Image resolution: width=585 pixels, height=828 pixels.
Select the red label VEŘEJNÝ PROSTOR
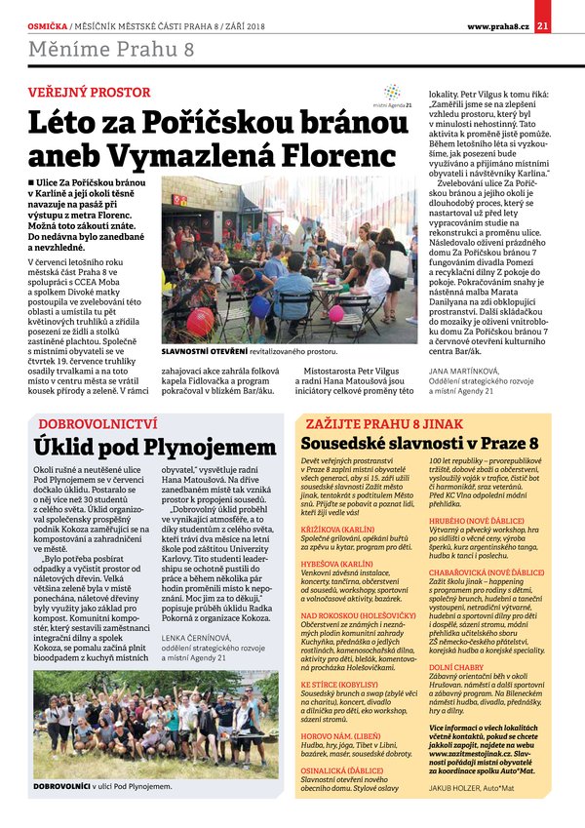pos(89,93)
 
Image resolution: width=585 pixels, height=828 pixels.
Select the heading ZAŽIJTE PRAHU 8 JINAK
pos(377,424)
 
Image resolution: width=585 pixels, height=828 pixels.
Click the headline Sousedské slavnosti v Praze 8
pos(418,444)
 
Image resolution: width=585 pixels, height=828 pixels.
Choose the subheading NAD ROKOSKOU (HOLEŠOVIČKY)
pos(360,616)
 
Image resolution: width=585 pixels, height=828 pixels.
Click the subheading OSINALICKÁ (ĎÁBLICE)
pos(347,767)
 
